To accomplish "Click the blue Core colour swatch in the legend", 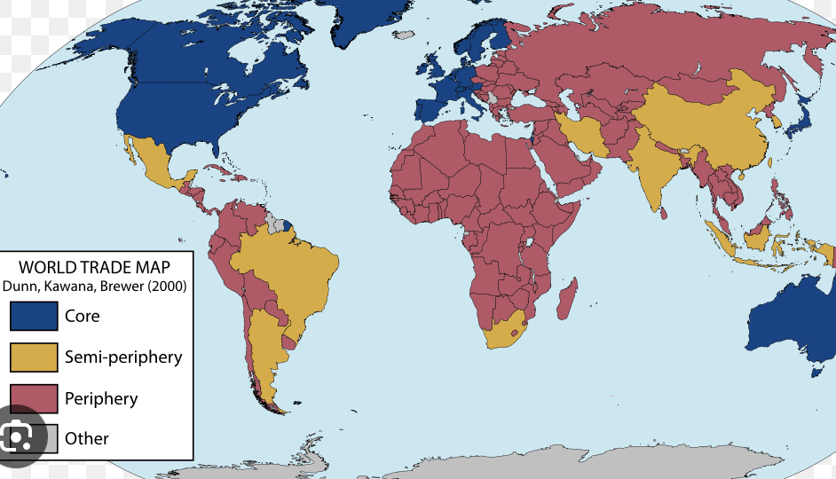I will tap(34, 316).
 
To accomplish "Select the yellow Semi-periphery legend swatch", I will tap(34, 357).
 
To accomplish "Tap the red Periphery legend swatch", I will tap(34, 398).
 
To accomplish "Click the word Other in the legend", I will tap(87, 438).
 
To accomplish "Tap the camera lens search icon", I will tap(18, 436).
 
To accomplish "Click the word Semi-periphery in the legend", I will tap(123, 357).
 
